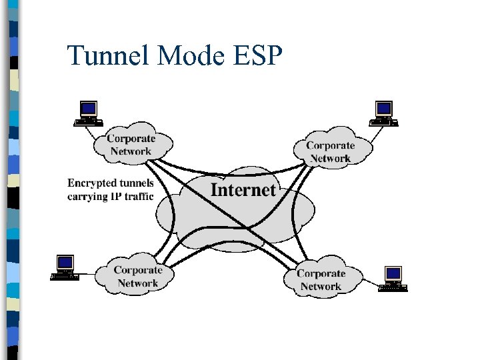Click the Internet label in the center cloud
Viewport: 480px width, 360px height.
pyautogui.click(x=243, y=190)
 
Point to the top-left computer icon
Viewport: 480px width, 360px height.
pyautogui.click(x=88, y=113)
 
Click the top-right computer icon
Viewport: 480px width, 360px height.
pyautogui.click(x=384, y=113)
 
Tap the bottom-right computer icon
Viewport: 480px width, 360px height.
pyautogui.click(x=393, y=278)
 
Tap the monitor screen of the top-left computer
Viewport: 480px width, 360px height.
pyautogui.click(x=88, y=108)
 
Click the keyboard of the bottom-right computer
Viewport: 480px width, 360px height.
pyautogui.click(x=393, y=288)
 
